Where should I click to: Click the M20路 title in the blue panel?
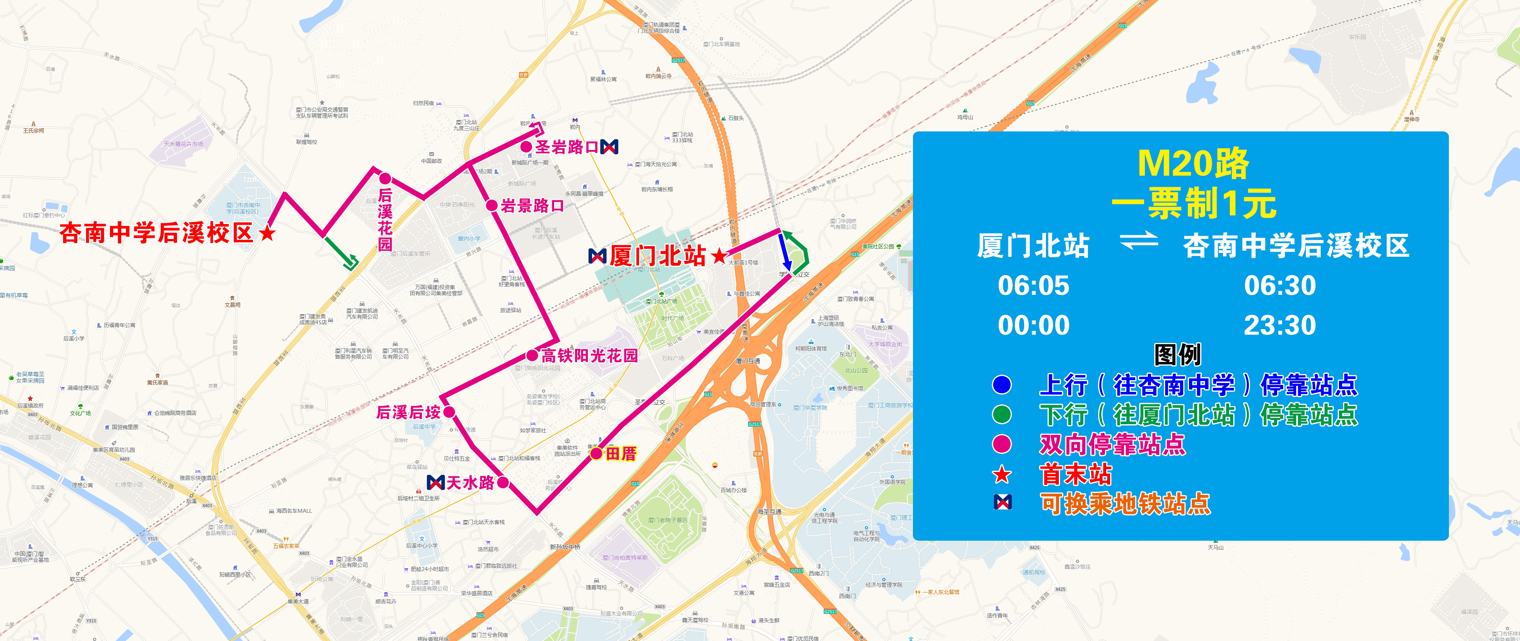tap(1193, 163)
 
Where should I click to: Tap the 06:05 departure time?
tap(1033, 286)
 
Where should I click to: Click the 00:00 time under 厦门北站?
tap(1033, 325)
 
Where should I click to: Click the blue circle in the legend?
tap(1001, 385)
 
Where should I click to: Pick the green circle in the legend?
tap(1001, 415)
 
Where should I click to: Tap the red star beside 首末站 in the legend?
tap(1001, 474)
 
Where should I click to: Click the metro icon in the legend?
tap(1002, 502)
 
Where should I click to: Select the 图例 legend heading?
tap(1177, 355)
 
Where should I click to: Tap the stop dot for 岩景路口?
tap(491, 205)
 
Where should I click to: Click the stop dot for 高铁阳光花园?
tap(531, 355)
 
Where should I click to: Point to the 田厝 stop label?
tap(621, 453)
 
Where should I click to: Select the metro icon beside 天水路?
tap(435, 482)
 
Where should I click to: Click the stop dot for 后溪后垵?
tap(449, 412)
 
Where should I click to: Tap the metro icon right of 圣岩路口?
tap(609, 146)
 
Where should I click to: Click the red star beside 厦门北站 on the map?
tap(719, 256)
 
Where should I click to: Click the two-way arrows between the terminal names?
tap(1138, 241)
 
